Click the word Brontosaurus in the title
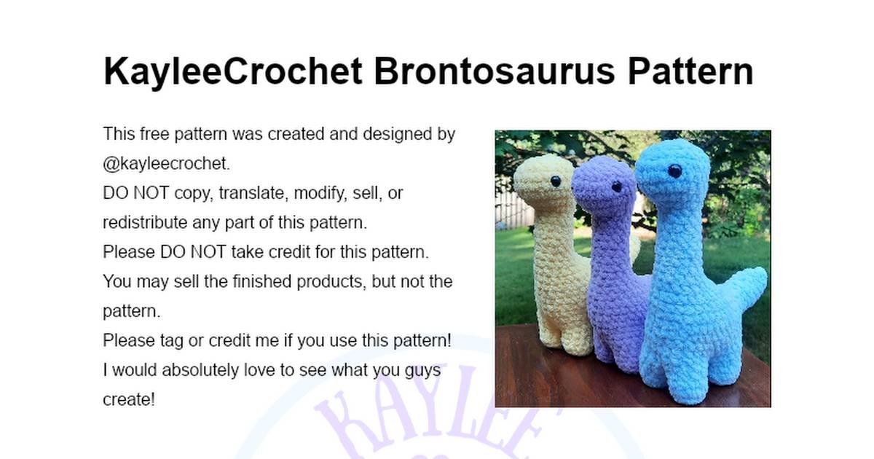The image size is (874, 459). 493,72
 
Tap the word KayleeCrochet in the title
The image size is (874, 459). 233,72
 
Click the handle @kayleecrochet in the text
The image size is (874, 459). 166,164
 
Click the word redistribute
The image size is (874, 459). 147,222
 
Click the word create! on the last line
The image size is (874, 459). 129,399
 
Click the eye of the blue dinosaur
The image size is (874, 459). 674,172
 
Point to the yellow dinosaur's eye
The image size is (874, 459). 556,181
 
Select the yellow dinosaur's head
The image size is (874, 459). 539,178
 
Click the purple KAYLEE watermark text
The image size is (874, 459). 430,423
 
